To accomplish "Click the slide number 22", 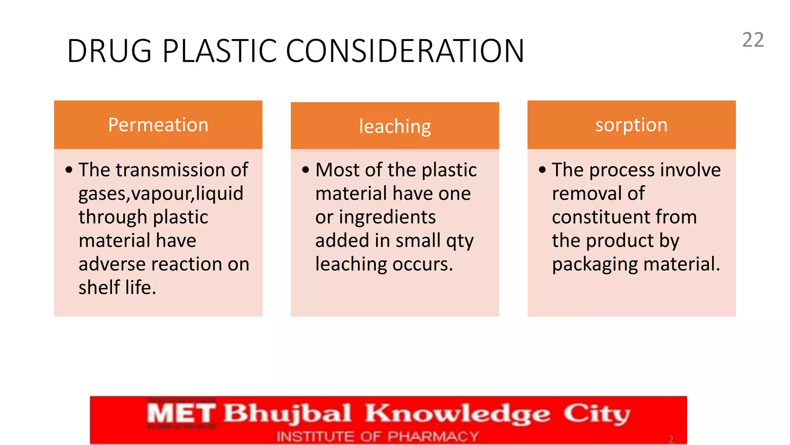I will coord(753,40).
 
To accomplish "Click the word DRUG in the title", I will coord(109,51).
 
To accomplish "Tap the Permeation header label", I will coord(158,125).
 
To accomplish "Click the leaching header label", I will coord(395,126).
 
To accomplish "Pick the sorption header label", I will coord(631,125).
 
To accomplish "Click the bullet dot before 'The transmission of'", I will coord(69,170).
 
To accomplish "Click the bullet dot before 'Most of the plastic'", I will coord(306,170).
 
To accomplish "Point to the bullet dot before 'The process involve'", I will coord(542,170).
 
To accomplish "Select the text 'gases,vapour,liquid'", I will coord(161,194).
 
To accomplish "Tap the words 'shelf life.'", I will coord(117,288).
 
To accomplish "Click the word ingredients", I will coord(387,217).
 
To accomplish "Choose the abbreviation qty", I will coord(460,241).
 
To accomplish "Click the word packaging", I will coord(594,265).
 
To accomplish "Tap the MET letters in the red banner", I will coord(181,413).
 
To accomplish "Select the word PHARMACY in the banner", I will coord(433,437).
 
